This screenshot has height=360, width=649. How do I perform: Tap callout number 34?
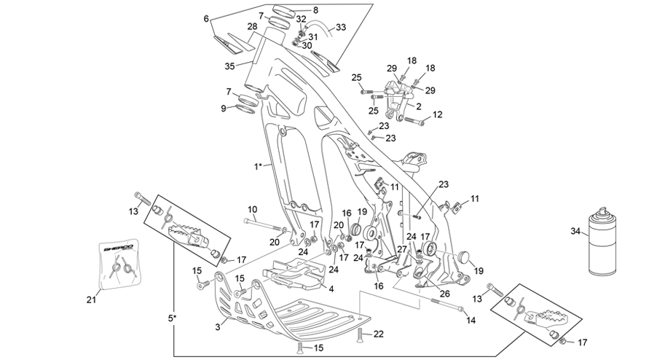(575, 231)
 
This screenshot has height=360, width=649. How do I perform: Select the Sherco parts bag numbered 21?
(119, 263)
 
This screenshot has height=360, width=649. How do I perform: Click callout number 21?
(91, 299)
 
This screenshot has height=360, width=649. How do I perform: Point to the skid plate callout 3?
(218, 327)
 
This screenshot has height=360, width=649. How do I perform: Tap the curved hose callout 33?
(341, 28)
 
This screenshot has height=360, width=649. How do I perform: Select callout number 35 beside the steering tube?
(229, 66)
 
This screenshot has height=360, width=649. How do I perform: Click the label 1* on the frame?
(259, 167)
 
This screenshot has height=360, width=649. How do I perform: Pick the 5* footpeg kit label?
(172, 318)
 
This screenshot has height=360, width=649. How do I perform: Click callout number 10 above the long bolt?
(253, 209)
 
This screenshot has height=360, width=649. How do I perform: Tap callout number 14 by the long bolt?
(471, 320)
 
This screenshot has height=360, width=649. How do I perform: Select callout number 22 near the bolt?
(379, 334)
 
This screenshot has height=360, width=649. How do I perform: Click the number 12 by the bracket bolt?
(438, 114)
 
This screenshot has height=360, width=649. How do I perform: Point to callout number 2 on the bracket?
(418, 106)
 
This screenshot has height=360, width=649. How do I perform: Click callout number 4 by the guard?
(331, 289)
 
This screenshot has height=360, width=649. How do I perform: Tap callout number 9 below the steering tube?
(224, 109)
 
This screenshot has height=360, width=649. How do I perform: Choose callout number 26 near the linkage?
(444, 294)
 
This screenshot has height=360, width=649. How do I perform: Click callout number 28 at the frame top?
(253, 26)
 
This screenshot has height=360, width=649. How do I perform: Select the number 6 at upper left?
(206, 19)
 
